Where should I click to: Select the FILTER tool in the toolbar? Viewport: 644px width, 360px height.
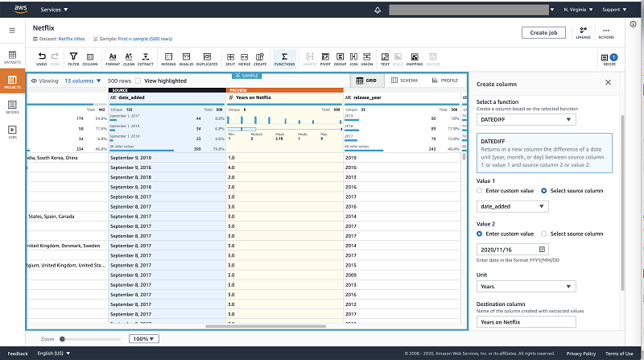click(x=73, y=58)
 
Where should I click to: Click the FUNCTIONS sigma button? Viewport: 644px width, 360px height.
click(x=284, y=58)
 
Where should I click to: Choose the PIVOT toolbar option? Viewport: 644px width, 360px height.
click(x=324, y=58)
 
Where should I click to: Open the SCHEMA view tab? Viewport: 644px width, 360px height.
click(x=405, y=81)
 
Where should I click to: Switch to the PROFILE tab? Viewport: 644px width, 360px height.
click(x=444, y=81)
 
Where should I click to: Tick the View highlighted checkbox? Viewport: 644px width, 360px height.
click(x=138, y=81)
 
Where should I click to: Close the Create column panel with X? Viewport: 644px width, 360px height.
click(x=608, y=83)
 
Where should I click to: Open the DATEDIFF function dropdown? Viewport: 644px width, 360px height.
click(x=526, y=120)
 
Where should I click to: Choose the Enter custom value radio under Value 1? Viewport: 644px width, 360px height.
click(x=480, y=191)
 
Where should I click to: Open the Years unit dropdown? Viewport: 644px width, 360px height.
click(x=526, y=286)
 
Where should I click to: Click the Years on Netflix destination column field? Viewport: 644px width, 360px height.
click(x=526, y=322)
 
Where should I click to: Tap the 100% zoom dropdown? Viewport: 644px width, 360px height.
click(x=145, y=339)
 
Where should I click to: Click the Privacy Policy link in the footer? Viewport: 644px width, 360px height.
click(x=580, y=354)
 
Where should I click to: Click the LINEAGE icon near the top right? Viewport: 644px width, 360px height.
click(x=582, y=32)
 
